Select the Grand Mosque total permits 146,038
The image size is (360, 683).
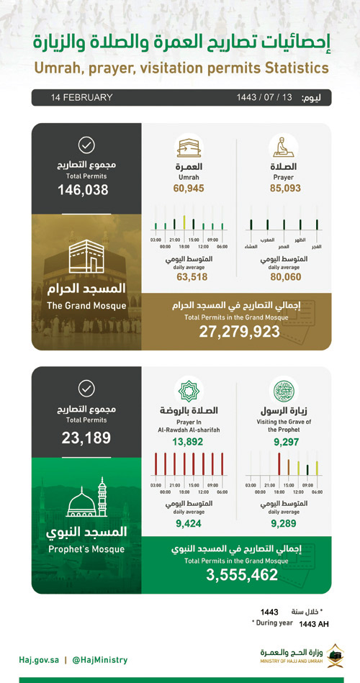[84, 190]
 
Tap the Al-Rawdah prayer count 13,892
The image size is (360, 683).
[188, 444]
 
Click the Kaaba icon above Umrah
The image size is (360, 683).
[188, 146]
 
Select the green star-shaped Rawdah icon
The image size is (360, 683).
[188, 391]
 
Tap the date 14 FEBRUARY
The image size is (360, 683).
[82, 97]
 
